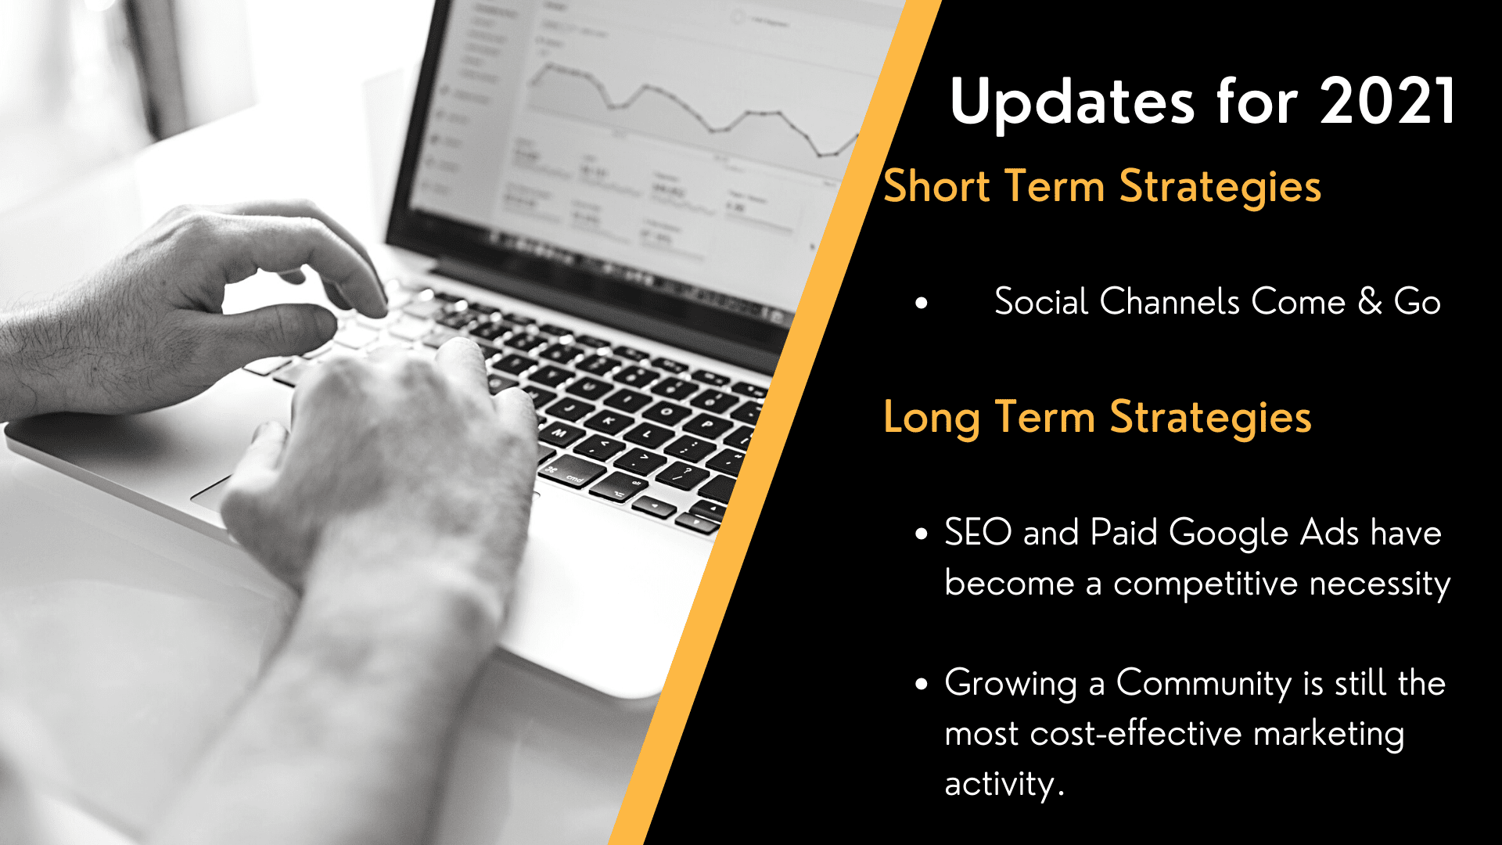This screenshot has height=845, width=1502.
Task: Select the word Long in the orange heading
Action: point(931,418)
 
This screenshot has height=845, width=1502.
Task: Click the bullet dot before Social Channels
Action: point(922,303)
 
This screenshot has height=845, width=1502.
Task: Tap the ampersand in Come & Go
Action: point(1370,301)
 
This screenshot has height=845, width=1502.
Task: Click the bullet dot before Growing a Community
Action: point(922,685)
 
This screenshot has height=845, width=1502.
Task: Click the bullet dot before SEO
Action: point(922,534)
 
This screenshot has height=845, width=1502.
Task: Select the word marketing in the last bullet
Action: point(1328,734)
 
